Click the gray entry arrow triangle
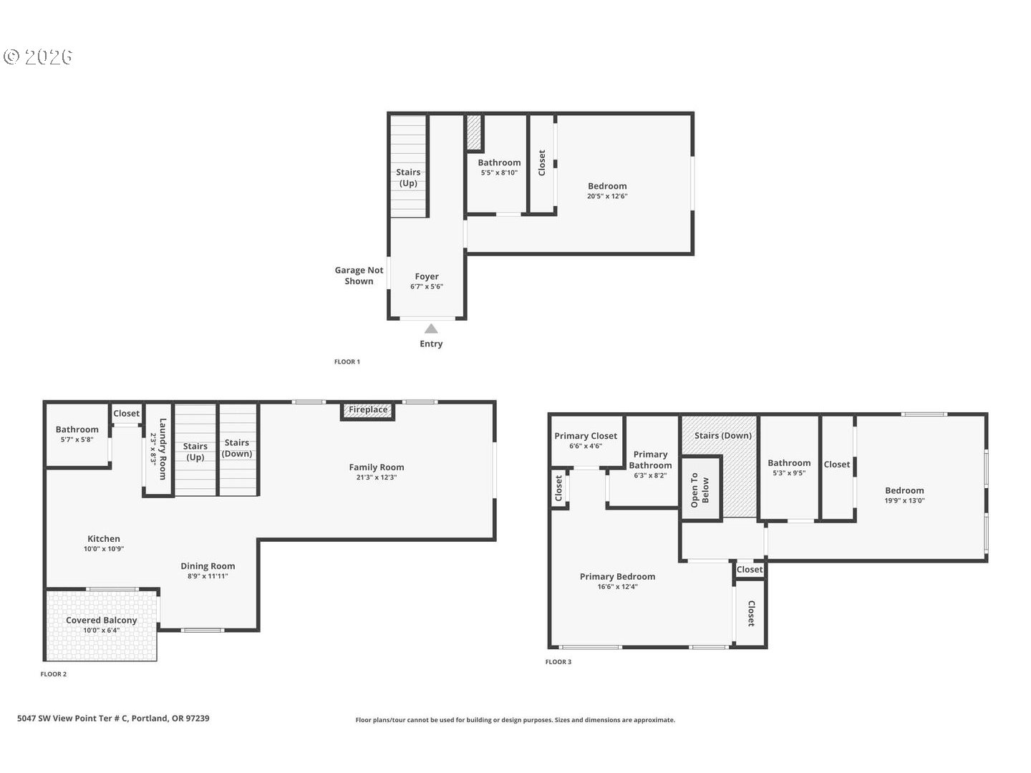coord(431,329)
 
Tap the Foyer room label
coord(427,276)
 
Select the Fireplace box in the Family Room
coord(368,410)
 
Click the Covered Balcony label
coord(101,620)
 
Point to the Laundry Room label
coord(159,449)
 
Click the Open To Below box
coord(700,490)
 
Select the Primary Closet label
coord(586,436)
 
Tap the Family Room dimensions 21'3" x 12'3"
coord(377,477)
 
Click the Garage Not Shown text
coord(359,276)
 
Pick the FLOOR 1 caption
coord(347,362)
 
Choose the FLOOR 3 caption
coord(558,662)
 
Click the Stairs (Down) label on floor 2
coord(237,448)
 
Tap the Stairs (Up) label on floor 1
coord(408,178)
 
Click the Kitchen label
coord(104,539)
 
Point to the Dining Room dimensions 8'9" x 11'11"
coord(208,576)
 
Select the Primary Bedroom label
coord(617,576)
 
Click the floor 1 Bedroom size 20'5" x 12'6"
coord(607,196)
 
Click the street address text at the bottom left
coord(113,718)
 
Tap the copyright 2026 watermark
coord(39,57)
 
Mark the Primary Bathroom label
coord(650,460)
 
